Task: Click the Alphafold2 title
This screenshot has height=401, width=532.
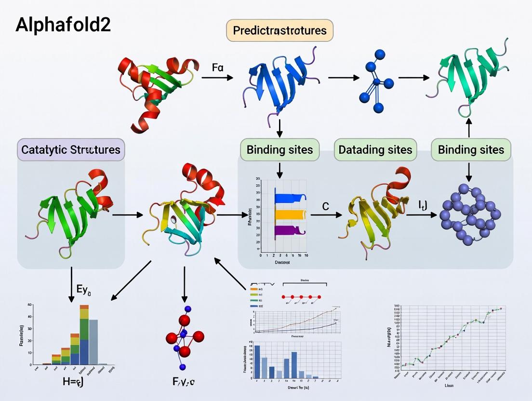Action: pos(63,25)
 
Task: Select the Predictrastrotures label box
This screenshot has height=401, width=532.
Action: pos(279,31)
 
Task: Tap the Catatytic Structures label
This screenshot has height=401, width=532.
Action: pos(71,149)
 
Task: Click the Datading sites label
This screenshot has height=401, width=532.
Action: pos(375,149)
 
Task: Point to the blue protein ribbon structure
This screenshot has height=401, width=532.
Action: pos(279,82)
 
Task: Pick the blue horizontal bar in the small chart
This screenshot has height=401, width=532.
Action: pos(289,198)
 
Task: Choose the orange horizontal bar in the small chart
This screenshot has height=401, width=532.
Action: pos(289,214)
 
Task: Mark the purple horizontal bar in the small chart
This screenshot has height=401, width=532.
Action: pos(289,230)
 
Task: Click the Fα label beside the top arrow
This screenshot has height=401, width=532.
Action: pos(217,67)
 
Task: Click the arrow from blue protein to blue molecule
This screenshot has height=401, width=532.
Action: pos(343,77)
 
